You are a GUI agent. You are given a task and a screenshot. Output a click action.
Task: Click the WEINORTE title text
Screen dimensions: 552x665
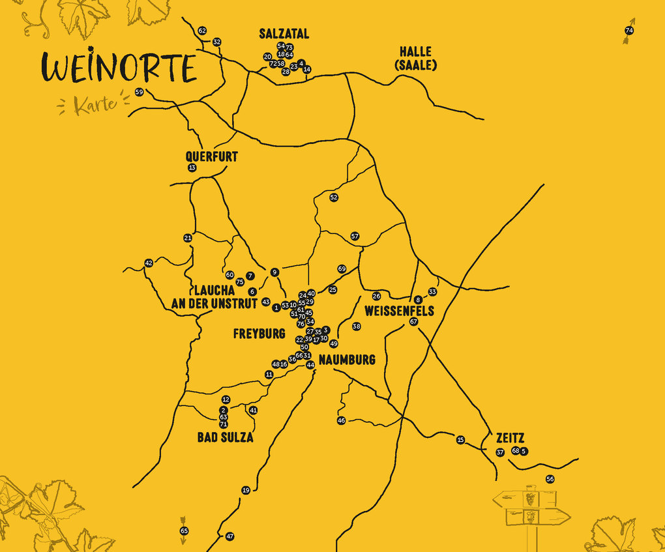click(x=119, y=68)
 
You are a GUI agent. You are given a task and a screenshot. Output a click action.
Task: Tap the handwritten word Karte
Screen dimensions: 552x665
click(x=95, y=105)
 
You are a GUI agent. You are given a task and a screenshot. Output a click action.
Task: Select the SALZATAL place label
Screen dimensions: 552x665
click(x=284, y=35)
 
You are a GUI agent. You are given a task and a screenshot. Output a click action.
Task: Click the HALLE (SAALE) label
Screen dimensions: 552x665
click(x=415, y=58)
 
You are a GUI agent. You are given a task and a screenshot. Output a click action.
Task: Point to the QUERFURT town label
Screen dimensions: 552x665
click(x=211, y=157)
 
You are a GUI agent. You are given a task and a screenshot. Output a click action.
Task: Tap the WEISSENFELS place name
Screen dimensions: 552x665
click(x=399, y=311)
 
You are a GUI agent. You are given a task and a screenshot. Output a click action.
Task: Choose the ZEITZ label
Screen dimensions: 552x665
click(x=509, y=439)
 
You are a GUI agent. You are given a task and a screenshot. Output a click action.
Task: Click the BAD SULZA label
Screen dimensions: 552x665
click(x=225, y=438)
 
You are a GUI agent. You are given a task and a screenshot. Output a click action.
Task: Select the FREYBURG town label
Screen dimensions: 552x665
click(x=259, y=334)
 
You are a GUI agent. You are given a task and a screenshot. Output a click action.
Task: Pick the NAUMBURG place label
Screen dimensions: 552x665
click(x=347, y=360)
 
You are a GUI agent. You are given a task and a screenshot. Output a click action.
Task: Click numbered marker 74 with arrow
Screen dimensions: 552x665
click(x=629, y=31)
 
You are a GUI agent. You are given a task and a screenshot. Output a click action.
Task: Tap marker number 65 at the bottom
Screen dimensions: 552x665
click(x=184, y=531)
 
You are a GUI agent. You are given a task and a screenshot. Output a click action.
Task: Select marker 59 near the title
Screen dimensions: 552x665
click(x=139, y=93)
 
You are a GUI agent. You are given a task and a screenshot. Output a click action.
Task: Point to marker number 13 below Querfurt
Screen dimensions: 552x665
click(x=192, y=168)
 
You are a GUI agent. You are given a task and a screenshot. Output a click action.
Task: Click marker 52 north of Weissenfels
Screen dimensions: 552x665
click(x=334, y=197)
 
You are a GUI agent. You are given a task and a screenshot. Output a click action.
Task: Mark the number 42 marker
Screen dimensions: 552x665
click(x=149, y=263)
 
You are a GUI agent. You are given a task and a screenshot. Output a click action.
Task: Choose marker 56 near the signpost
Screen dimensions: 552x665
click(x=550, y=479)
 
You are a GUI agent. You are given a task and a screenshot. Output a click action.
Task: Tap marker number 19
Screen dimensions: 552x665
click(x=246, y=490)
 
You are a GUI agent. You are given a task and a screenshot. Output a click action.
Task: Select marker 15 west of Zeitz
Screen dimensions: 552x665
click(x=460, y=440)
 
